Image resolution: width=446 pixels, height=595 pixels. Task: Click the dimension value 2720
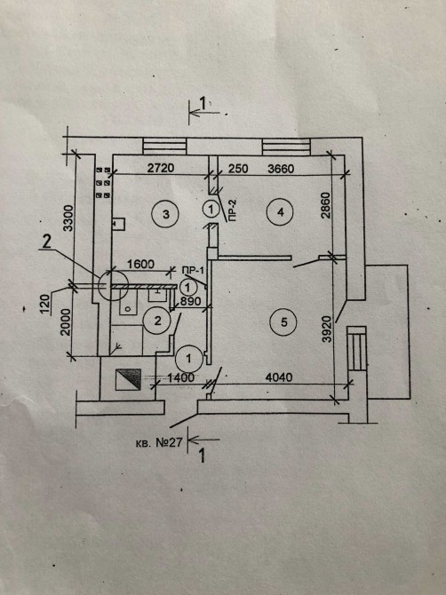tap(161, 168)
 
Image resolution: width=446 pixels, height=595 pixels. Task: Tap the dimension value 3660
tap(281, 168)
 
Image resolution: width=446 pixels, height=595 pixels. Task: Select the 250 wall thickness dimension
tap(238, 168)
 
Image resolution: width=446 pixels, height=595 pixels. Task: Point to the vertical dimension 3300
tap(68, 218)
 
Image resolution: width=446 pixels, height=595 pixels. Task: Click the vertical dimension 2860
tap(326, 205)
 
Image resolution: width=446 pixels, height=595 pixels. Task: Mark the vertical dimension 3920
tap(326, 329)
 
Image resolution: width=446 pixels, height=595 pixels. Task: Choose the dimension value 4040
tap(279, 377)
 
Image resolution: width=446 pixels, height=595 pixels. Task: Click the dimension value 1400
tap(180, 377)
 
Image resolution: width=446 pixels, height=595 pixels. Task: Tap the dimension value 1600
tap(140, 264)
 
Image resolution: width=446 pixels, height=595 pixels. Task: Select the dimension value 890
tap(190, 301)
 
